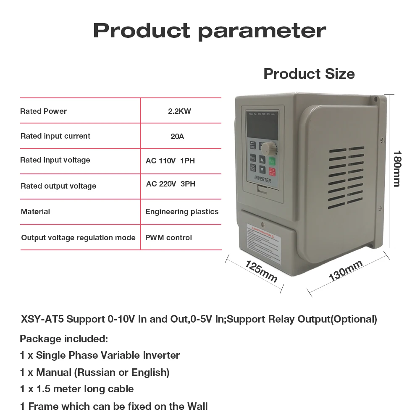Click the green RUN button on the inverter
(x=272, y=160)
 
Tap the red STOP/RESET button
(x=272, y=171)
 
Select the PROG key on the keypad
(x=253, y=158)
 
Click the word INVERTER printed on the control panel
(x=262, y=181)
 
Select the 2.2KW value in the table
(x=179, y=111)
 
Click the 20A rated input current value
(x=177, y=136)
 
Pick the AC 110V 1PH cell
(x=170, y=160)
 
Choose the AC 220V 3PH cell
(x=171, y=184)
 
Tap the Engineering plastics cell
(x=182, y=212)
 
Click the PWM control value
(x=168, y=238)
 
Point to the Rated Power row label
(x=43, y=111)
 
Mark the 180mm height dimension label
(x=396, y=168)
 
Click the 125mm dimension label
(x=261, y=271)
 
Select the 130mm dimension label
(x=345, y=271)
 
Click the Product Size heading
(x=309, y=74)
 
